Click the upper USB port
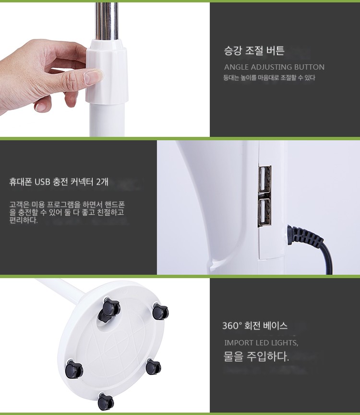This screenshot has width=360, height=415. tap(264, 179)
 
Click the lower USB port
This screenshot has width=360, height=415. tap(264, 212)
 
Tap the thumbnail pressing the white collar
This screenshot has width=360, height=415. tap(93, 75)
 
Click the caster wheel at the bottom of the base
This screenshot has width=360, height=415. tap(106, 402)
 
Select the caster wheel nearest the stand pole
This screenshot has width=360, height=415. tap(109, 310)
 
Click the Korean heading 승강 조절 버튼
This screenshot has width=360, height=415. tap(254, 50)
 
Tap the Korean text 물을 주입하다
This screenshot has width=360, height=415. tap(256, 356)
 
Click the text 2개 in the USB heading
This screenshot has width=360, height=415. tap(102, 182)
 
